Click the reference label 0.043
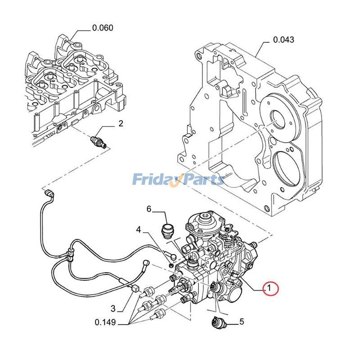(283, 40)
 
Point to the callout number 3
(113, 308)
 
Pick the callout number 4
(139, 229)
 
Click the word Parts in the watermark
(202, 180)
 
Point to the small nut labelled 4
(172, 257)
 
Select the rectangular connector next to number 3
(134, 290)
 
